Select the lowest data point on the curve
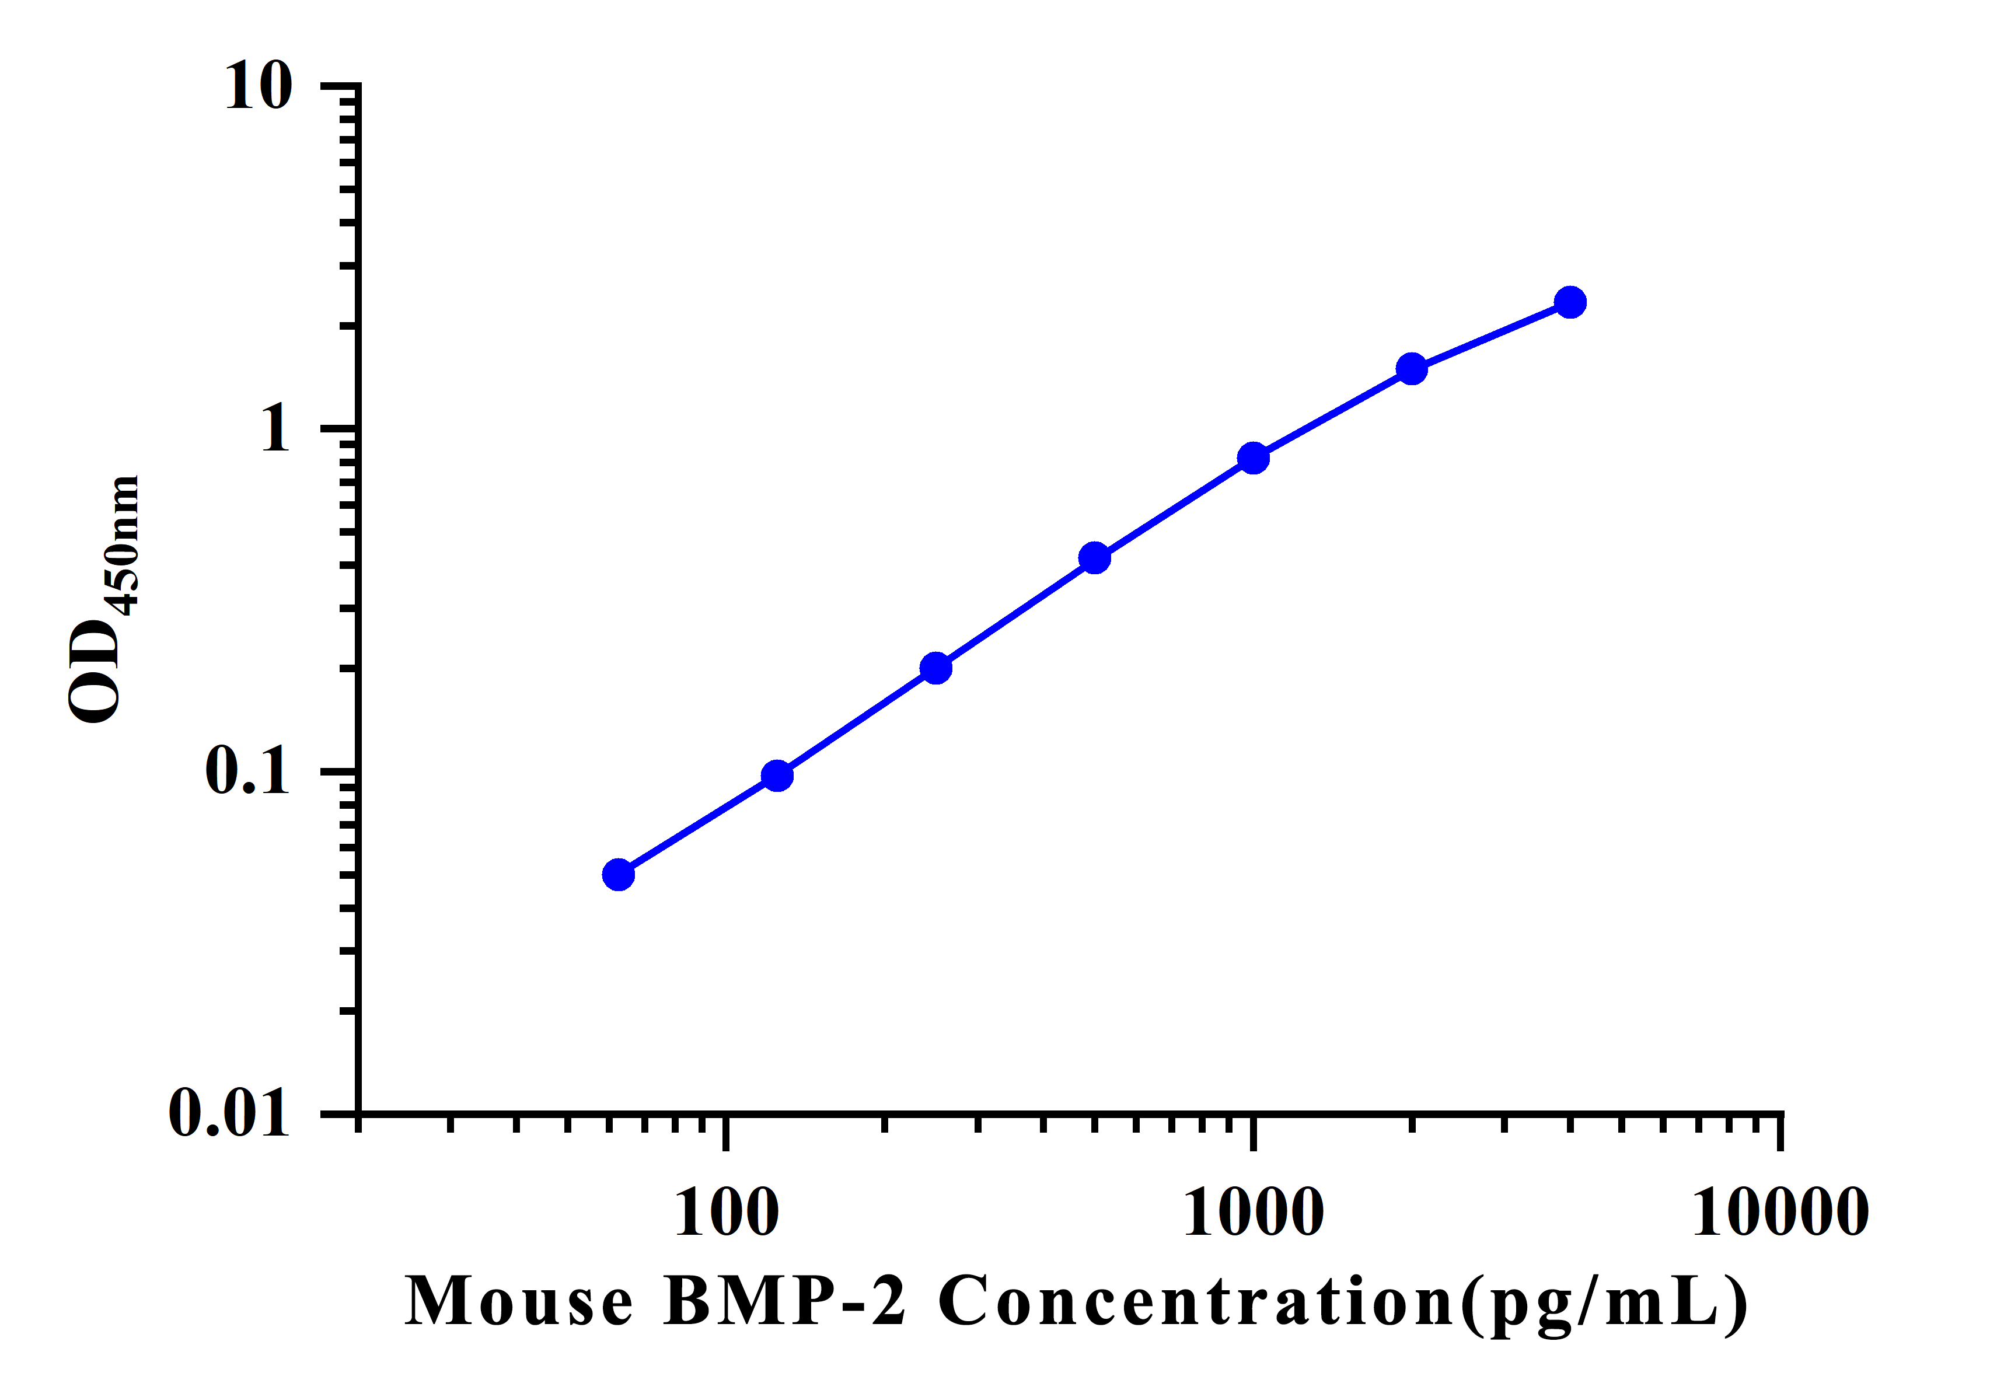click(x=618, y=874)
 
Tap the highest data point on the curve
click(x=1570, y=302)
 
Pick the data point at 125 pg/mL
click(x=777, y=776)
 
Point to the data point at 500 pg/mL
click(x=1095, y=558)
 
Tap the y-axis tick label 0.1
click(x=247, y=770)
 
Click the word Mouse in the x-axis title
click(x=518, y=1302)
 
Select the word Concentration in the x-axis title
click(x=1196, y=1302)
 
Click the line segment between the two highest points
click(x=1491, y=336)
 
